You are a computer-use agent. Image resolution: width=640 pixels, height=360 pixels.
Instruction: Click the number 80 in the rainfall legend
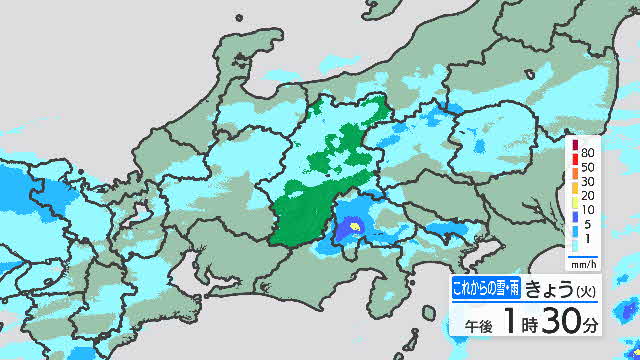(x=589, y=146)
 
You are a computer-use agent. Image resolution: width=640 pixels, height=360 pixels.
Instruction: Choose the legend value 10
(x=589, y=210)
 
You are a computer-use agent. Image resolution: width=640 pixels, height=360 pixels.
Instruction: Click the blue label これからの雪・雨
(x=483, y=290)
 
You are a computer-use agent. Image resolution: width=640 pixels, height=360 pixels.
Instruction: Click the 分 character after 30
(x=594, y=326)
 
